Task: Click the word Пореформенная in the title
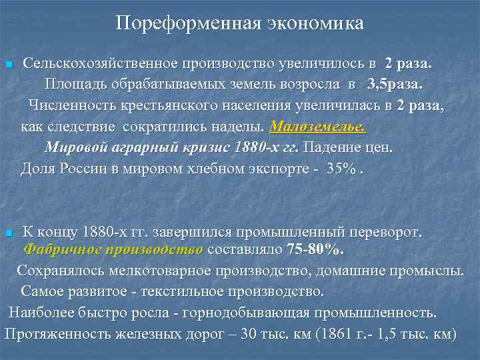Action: click(177, 23)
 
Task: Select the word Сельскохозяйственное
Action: click(99, 65)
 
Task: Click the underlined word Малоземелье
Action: click(318, 127)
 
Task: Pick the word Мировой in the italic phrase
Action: click(72, 147)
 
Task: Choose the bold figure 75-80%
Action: click(316, 250)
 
